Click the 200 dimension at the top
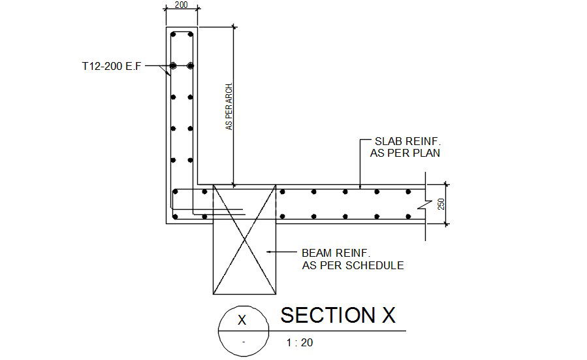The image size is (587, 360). tap(181, 5)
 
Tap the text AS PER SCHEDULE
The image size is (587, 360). tap(353, 265)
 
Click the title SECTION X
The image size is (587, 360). tap(338, 316)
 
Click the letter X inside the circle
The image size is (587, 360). tap(242, 320)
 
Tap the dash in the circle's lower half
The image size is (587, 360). tap(242, 342)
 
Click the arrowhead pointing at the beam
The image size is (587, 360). tap(268, 252)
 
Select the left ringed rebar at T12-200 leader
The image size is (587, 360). tap(174, 66)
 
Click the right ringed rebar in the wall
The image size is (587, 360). tap(190, 66)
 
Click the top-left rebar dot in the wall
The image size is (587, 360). tap(174, 35)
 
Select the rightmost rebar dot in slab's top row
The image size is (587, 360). tap(408, 192)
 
